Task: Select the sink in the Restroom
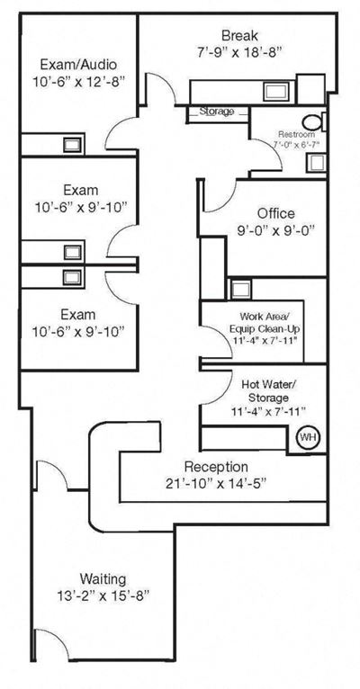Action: (316, 163)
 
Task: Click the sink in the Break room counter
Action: (277, 91)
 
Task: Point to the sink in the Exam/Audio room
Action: (72, 145)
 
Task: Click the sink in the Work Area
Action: (241, 290)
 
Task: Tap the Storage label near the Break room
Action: (217, 112)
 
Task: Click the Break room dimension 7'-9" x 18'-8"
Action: (239, 52)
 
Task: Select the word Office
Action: (276, 214)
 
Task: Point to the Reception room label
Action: (216, 466)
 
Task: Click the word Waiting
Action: (103, 577)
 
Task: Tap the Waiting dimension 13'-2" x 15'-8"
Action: (103, 595)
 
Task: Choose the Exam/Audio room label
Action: (78, 65)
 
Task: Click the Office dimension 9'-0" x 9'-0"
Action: (276, 230)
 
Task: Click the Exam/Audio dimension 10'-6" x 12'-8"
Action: (79, 82)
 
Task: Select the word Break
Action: (239, 35)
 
